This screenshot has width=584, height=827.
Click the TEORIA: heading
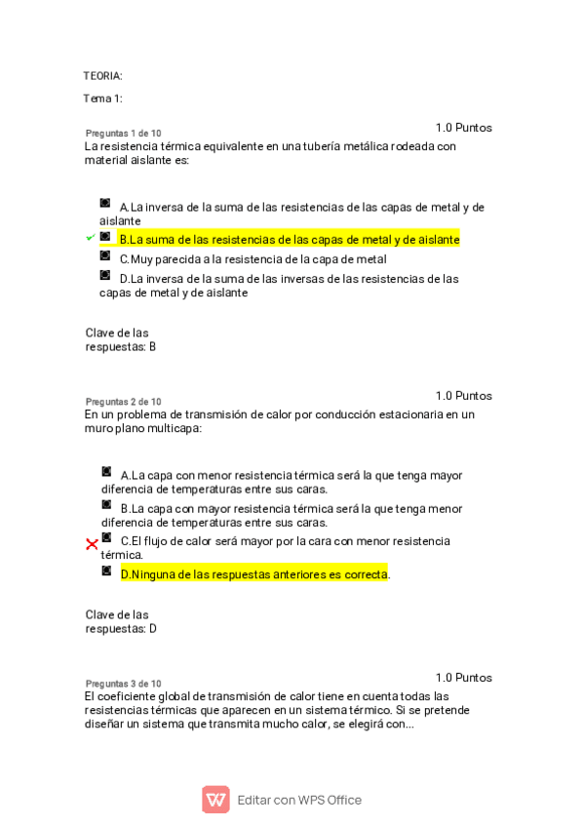[x=102, y=76]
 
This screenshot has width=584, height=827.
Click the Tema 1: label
[x=102, y=98]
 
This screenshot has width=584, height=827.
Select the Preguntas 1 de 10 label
[x=124, y=134]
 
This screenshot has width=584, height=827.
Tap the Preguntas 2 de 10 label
[x=124, y=402]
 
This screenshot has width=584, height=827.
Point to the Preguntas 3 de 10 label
[x=124, y=684]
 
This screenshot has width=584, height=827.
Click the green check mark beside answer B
[x=91, y=238]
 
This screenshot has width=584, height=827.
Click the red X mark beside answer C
[x=92, y=544]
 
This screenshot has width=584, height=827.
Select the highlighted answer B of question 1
[x=289, y=239]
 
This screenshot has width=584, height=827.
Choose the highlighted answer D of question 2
[x=253, y=574]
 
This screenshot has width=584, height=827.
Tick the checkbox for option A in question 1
[x=105, y=203]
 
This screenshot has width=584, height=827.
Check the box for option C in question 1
[x=105, y=256]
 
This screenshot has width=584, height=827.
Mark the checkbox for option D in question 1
[x=105, y=275]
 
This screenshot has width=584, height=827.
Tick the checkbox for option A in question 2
[x=106, y=472]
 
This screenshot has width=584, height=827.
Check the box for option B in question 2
[x=106, y=505]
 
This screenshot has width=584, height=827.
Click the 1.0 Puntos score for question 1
[x=463, y=128]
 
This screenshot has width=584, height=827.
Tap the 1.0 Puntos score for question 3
[x=463, y=678]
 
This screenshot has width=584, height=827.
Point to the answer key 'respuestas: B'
[x=121, y=346]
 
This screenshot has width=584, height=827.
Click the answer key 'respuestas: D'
[x=121, y=629]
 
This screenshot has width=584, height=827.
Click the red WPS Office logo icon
[x=215, y=800]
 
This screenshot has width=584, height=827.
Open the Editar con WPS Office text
[x=299, y=801]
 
